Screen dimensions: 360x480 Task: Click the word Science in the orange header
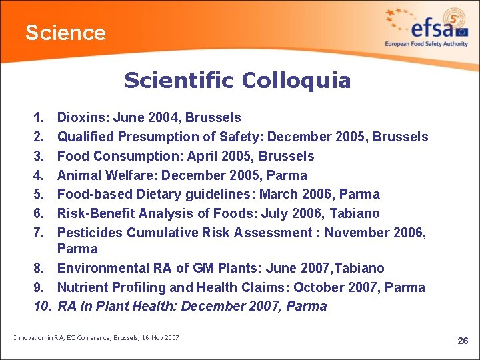65,33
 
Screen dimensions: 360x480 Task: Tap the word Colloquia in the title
296,81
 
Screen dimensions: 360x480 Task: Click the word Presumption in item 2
155,137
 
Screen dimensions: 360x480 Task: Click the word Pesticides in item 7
90,233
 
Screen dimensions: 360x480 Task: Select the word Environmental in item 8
101,269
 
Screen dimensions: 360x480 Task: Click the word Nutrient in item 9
81,288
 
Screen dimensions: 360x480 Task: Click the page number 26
463,341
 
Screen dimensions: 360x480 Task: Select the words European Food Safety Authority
426,44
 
